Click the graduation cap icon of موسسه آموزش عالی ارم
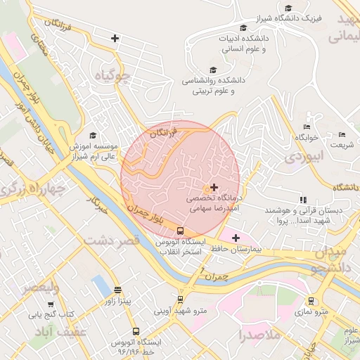[93, 135]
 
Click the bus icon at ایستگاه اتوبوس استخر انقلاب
[181, 230]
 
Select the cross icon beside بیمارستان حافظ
[236, 238]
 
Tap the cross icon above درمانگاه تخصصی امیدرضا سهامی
[214, 187]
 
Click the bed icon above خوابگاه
[307, 126]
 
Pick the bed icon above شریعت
[342, 135]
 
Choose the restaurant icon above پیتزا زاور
[117, 290]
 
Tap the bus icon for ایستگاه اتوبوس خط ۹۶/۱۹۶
[135, 330]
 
